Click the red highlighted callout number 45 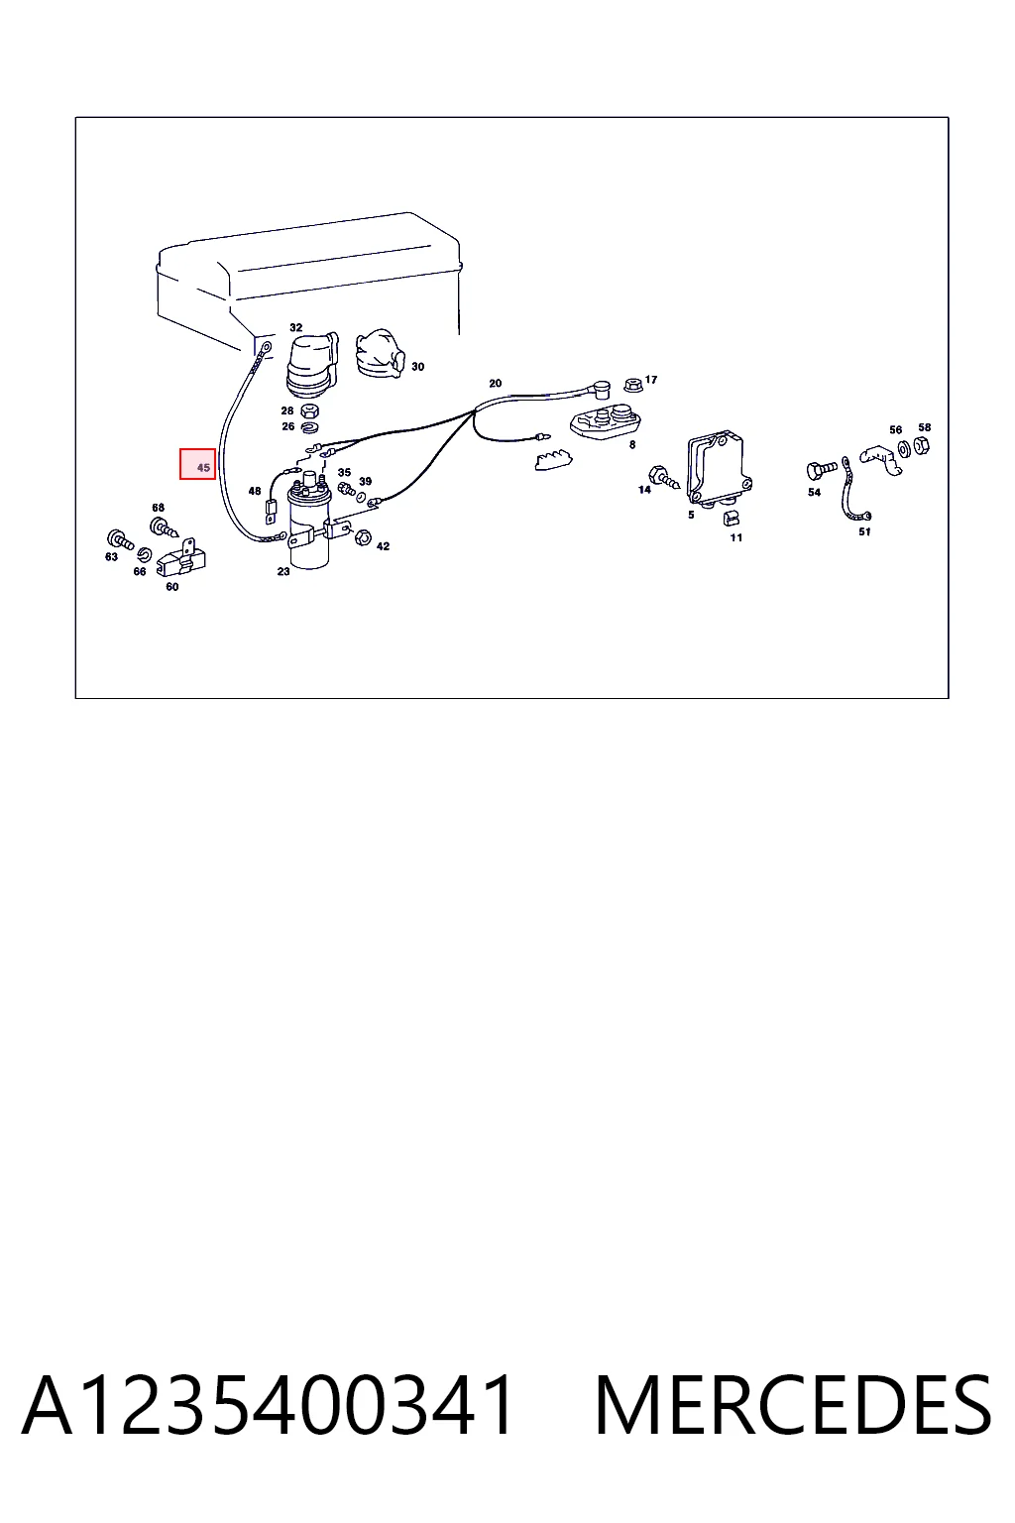tap(197, 464)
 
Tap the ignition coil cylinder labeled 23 tap(309, 524)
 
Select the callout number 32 tap(295, 328)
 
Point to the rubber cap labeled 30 tap(380, 354)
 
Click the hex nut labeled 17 tap(633, 385)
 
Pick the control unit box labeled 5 tap(719, 468)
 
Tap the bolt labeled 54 tap(822, 470)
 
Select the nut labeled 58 tap(922, 446)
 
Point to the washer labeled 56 tap(905, 449)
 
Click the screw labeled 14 tap(663, 477)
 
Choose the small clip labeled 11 tap(732, 519)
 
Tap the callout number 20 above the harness tap(495, 384)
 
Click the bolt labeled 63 tap(120, 539)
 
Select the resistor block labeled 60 tap(180, 557)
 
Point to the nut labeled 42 tap(363, 537)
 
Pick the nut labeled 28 tap(309, 410)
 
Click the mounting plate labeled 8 tap(605, 421)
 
